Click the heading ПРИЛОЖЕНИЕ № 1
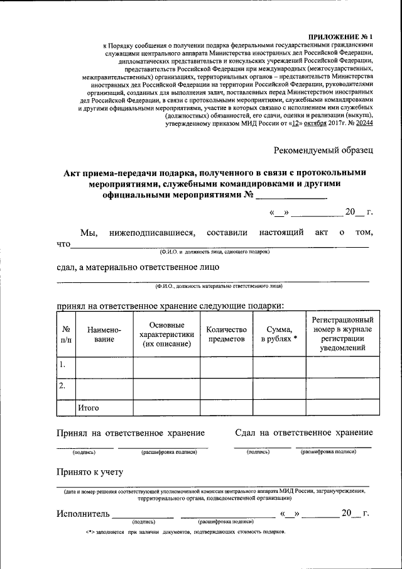tap(344, 37)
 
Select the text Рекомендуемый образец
tap(323, 150)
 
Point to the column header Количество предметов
tap(226, 334)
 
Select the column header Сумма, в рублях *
tap(279, 334)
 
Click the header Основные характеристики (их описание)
tap(166, 334)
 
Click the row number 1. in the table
tap(62, 365)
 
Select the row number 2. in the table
tap(62, 386)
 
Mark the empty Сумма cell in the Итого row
tap(279, 407)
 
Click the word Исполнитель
tap(83, 513)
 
